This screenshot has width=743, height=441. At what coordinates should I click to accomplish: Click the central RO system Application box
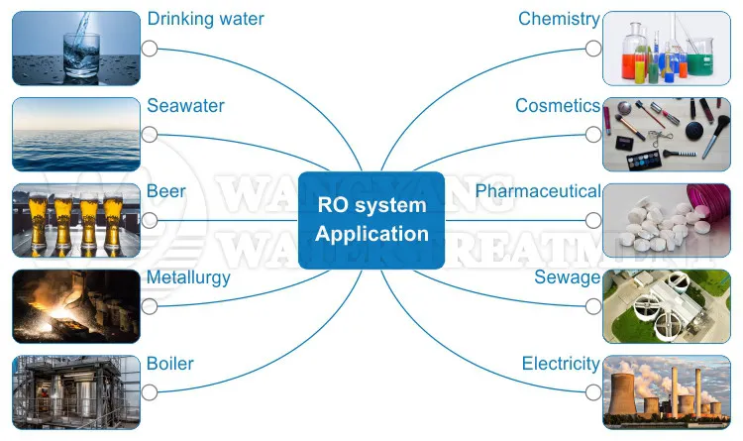tap(371, 220)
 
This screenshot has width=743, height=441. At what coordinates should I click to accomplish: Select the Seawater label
tap(185, 105)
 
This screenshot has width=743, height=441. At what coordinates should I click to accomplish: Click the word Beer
tap(166, 190)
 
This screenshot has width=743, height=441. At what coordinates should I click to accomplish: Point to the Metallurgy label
tap(188, 277)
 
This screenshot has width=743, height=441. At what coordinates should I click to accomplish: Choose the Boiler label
tap(170, 364)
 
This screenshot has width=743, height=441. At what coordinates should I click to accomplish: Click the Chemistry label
tap(559, 19)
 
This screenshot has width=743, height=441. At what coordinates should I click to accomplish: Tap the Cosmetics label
tap(558, 105)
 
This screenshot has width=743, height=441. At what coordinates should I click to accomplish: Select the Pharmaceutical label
tap(538, 190)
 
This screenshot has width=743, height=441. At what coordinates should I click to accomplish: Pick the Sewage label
tap(568, 277)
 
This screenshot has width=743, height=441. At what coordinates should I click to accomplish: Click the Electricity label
tap(561, 364)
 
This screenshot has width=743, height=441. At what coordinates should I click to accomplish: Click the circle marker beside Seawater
tap(150, 134)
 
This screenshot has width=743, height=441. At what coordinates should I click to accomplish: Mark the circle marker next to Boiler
tap(150, 392)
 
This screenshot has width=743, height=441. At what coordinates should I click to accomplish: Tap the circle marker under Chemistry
tap(593, 48)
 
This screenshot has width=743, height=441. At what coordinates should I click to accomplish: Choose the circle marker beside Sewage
tap(593, 306)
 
